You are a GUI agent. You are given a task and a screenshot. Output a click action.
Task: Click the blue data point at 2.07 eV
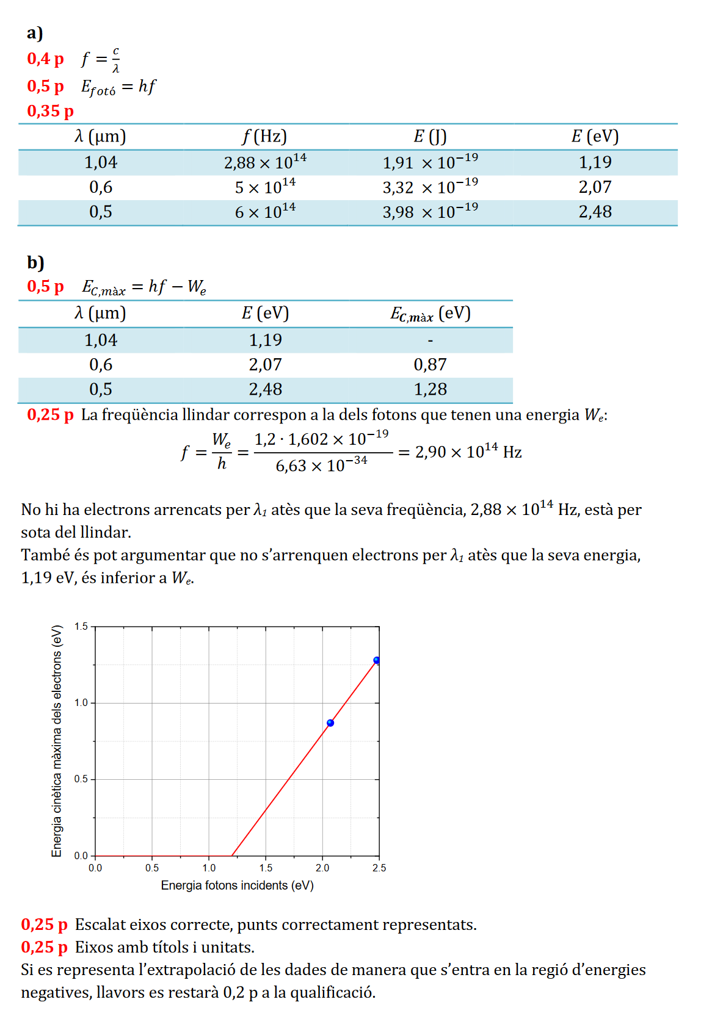click(x=330, y=723)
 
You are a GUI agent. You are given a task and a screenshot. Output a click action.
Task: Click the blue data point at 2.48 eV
click(x=377, y=660)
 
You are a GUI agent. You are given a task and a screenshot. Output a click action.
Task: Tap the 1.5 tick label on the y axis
click(x=81, y=626)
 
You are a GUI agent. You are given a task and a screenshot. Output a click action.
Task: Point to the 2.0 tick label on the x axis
click(x=322, y=868)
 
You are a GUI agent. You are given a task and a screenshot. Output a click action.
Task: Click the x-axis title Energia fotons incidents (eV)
click(x=237, y=885)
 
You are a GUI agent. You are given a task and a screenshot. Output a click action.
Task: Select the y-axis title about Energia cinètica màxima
click(x=57, y=741)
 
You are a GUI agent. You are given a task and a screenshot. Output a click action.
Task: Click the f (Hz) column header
click(x=264, y=136)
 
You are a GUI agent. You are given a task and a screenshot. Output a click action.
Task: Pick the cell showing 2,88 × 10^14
click(x=265, y=162)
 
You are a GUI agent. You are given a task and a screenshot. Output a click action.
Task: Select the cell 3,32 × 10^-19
click(x=430, y=187)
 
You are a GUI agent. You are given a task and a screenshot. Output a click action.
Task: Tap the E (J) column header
click(x=430, y=136)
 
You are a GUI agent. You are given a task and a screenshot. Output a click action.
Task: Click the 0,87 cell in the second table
click(x=430, y=365)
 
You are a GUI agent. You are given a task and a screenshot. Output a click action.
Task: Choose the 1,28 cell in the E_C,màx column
click(x=430, y=389)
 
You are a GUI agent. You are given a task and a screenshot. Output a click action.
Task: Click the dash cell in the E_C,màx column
click(x=430, y=340)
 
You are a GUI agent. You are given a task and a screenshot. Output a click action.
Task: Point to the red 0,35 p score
click(x=50, y=111)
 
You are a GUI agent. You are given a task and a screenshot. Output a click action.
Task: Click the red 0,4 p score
click(x=45, y=59)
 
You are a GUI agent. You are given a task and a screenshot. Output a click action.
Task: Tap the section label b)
click(x=35, y=262)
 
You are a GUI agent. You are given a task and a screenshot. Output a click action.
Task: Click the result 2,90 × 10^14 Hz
click(x=468, y=452)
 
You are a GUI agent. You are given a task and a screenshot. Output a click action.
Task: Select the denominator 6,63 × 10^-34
click(x=321, y=465)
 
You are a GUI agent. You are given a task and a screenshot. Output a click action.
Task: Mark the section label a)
click(x=35, y=33)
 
